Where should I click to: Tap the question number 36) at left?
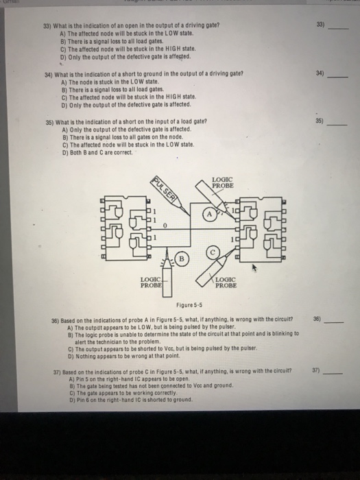point(49,319)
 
